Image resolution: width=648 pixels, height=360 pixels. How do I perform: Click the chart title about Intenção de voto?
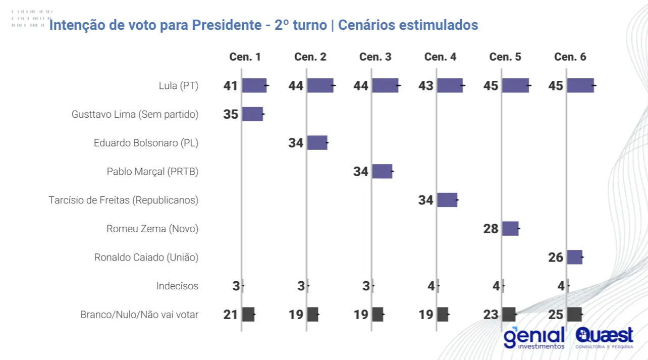coord(263,25)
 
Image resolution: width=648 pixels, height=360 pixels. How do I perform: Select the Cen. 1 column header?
coord(245,57)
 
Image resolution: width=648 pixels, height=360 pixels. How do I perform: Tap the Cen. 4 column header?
coord(440,57)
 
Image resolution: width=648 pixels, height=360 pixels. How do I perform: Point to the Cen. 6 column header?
coord(570,57)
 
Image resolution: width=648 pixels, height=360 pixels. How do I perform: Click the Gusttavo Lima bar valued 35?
coord(252,114)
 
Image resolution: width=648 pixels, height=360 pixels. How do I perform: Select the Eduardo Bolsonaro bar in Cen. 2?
coord(317,143)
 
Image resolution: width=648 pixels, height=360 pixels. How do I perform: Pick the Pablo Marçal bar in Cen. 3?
coord(382,171)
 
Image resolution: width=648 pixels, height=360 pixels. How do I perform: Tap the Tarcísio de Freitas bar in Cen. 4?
coord(447,200)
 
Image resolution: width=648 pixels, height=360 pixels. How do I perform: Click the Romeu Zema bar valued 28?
coord(510,229)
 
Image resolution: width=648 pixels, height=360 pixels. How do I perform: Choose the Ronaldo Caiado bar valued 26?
coord(574,257)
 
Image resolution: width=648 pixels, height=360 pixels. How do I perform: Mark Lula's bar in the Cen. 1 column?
coord(254,85)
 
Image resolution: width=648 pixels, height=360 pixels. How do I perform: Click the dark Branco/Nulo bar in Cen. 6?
coord(574,315)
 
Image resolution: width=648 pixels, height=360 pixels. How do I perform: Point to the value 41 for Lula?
coord(231,86)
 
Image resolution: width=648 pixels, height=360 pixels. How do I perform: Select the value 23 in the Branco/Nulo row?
coord(491,315)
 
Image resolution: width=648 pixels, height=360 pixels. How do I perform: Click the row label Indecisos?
coord(177,286)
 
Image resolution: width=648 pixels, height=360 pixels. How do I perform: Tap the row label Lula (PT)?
coord(178,86)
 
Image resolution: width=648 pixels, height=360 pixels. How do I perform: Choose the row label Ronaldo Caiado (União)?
coord(146,258)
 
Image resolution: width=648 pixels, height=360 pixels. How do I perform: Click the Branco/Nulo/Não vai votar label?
coord(139,315)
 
